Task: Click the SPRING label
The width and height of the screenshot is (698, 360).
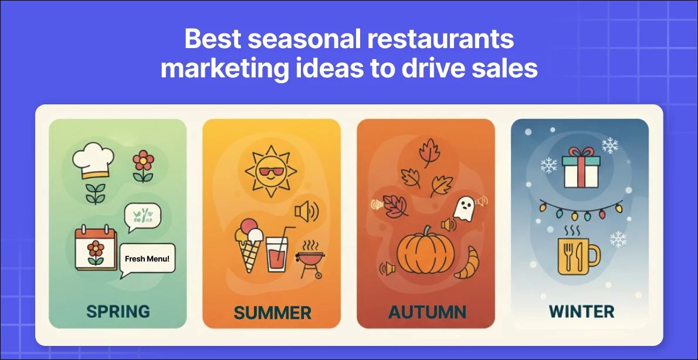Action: tap(118, 311)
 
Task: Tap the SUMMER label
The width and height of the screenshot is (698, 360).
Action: tap(272, 313)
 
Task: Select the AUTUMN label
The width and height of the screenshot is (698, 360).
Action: tap(427, 311)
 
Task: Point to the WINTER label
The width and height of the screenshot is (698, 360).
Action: tap(581, 311)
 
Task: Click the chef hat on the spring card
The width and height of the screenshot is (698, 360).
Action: tap(93, 160)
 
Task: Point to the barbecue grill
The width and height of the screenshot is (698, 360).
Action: tap(310, 259)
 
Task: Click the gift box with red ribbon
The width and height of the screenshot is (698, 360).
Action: tap(581, 168)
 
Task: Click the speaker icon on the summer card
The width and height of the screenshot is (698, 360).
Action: tap(307, 212)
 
